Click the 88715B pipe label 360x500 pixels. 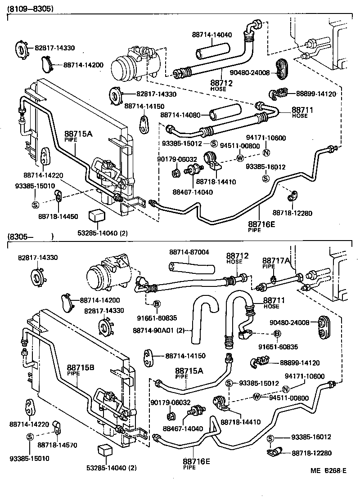81,367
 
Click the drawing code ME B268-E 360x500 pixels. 328,471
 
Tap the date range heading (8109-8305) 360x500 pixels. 30,8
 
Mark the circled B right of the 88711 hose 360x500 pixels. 277,334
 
